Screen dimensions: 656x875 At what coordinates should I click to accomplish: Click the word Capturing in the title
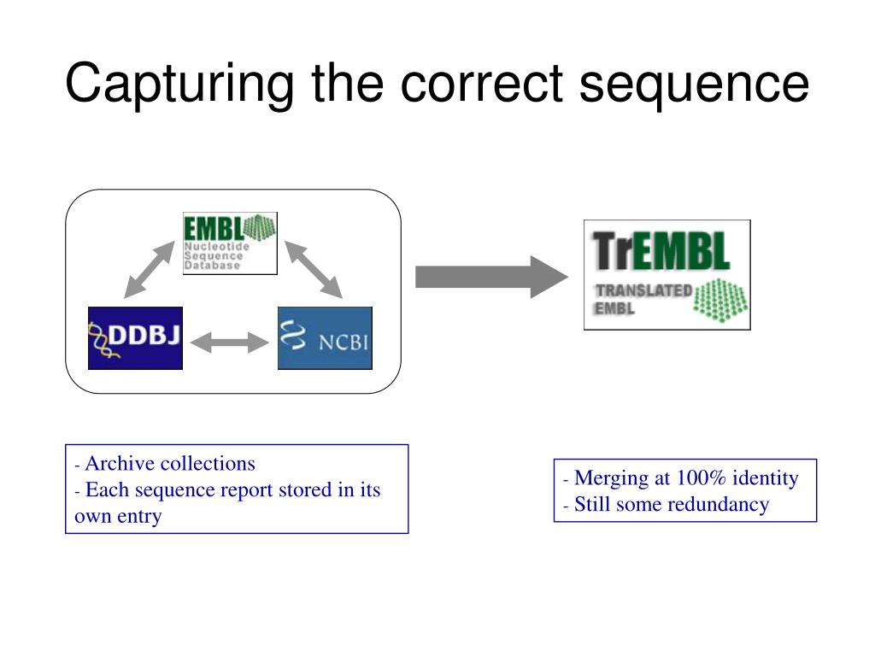180,84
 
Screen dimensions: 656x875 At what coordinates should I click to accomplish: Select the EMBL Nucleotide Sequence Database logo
230,243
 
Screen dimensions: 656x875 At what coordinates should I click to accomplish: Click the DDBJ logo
135,337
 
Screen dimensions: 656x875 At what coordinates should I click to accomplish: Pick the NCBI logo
325,337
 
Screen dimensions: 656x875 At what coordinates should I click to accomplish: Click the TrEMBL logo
667,275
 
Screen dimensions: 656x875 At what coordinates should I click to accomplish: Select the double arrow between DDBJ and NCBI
230,343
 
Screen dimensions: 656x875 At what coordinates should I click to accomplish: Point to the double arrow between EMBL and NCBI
313,268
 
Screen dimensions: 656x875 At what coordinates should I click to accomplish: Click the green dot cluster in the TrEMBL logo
719,298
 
